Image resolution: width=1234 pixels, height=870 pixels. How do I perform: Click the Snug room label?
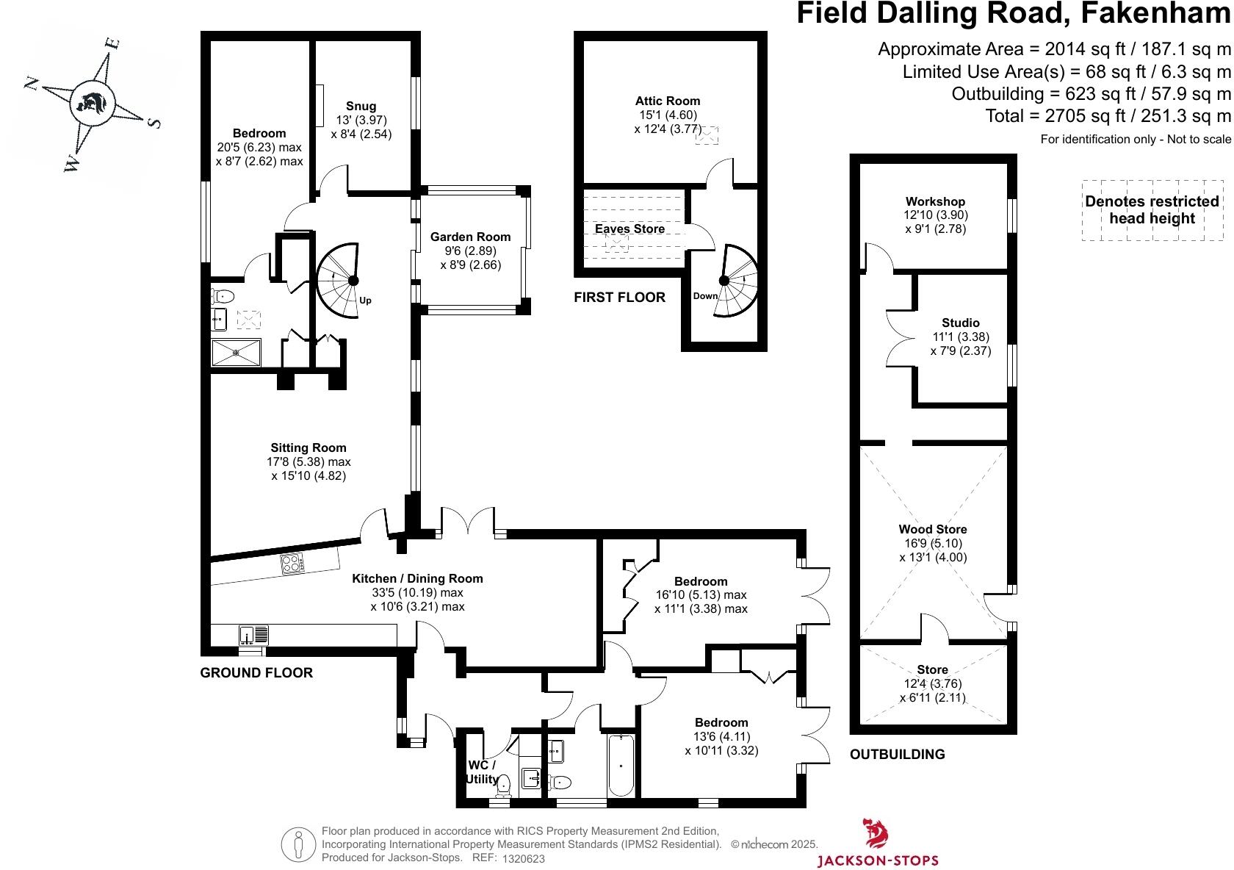(361, 107)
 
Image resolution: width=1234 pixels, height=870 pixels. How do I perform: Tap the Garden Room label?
(470, 237)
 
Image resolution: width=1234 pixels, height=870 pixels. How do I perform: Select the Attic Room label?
(668, 101)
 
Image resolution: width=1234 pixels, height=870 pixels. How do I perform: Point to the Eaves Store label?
(629, 229)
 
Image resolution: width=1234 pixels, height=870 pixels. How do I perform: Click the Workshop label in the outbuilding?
(935, 201)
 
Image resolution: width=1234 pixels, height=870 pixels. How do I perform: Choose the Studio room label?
(960, 323)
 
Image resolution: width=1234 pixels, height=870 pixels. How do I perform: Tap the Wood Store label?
(933, 529)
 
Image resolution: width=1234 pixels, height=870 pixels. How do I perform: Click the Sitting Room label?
(308, 447)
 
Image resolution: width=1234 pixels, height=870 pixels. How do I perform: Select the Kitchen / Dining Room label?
(417, 578)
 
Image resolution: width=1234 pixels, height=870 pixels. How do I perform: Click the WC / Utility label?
(483, 772)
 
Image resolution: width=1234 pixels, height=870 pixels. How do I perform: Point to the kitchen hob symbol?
(291, 564)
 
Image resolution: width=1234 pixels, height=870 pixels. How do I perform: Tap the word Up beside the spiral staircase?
(365, 301)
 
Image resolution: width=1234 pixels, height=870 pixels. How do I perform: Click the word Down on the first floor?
(705, 296)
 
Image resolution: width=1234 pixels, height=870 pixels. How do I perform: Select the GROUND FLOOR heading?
(256, 672)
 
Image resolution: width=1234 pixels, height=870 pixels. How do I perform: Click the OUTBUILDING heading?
(897, 754)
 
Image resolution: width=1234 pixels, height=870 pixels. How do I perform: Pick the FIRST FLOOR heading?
(619, 298)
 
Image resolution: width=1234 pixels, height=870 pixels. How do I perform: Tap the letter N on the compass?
(32, 82)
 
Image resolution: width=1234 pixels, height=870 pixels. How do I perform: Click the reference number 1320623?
(524, 858)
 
